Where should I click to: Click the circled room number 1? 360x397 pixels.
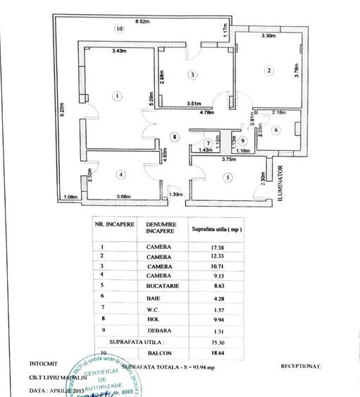[118, 96]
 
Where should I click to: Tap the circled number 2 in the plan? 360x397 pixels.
[268, 70]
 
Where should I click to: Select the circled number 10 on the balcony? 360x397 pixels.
[120, 28]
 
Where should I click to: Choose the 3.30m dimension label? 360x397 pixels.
[267, 35]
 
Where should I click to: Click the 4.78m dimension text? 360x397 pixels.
[206, 112]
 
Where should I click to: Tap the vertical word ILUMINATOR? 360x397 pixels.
[280, 184]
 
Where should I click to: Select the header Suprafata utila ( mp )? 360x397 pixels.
[217, 228]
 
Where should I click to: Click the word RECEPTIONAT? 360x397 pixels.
[302, 367]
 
